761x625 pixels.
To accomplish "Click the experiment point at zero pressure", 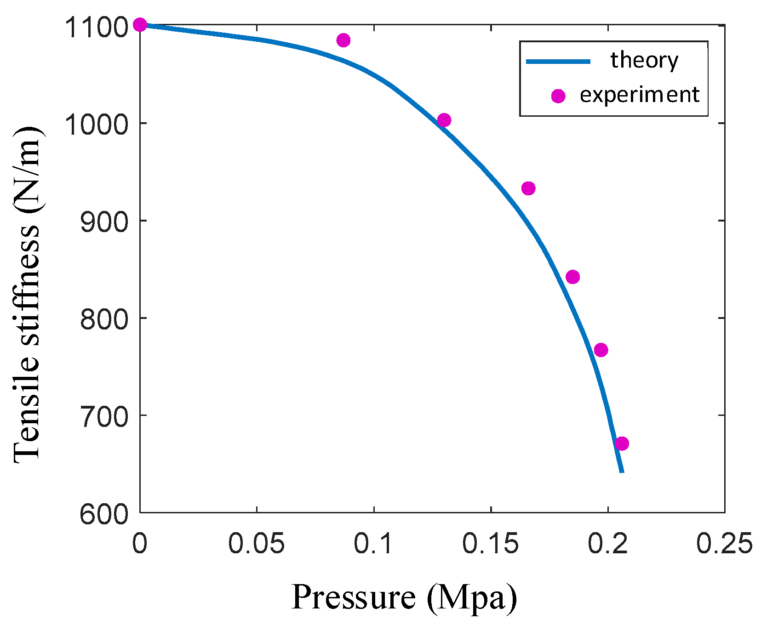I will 140,25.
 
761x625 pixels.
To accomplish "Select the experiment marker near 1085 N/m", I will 343,40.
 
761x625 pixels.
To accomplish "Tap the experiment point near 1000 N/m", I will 444,120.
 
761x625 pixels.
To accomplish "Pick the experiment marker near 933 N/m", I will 528,188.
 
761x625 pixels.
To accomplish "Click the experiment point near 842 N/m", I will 572,277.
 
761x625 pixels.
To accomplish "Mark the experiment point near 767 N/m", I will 601,350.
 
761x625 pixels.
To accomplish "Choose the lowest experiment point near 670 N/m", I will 622,444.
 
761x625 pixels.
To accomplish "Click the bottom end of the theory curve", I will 622,472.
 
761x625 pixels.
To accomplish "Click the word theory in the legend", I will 644,60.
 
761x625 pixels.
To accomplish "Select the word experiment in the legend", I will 639,95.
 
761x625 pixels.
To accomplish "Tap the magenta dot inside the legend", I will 558,96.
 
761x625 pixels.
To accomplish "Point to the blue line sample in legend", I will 558,61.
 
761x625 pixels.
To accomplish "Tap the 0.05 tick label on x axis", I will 256,544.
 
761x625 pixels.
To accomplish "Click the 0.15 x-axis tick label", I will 490,544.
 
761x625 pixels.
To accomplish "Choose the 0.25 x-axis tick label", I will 724,544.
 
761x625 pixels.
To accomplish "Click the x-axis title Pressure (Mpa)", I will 404,597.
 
